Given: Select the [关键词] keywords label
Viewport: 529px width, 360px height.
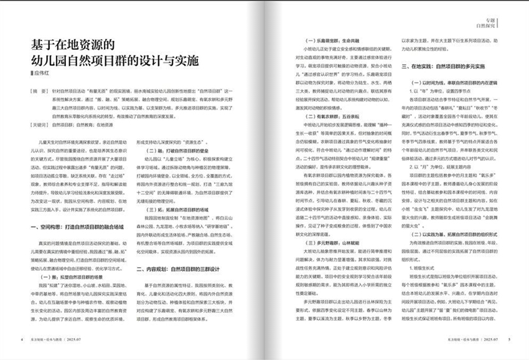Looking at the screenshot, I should coord(39,125).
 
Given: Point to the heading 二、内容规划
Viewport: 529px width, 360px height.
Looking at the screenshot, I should coord(178,269).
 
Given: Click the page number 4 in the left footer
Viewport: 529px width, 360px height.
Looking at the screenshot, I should coord(22,339).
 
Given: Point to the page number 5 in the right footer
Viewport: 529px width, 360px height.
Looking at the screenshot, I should coord(508,339).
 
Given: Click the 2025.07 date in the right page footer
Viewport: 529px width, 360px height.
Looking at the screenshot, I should coord(494,339).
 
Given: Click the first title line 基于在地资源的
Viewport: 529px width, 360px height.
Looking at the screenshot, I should coord(74,45).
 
